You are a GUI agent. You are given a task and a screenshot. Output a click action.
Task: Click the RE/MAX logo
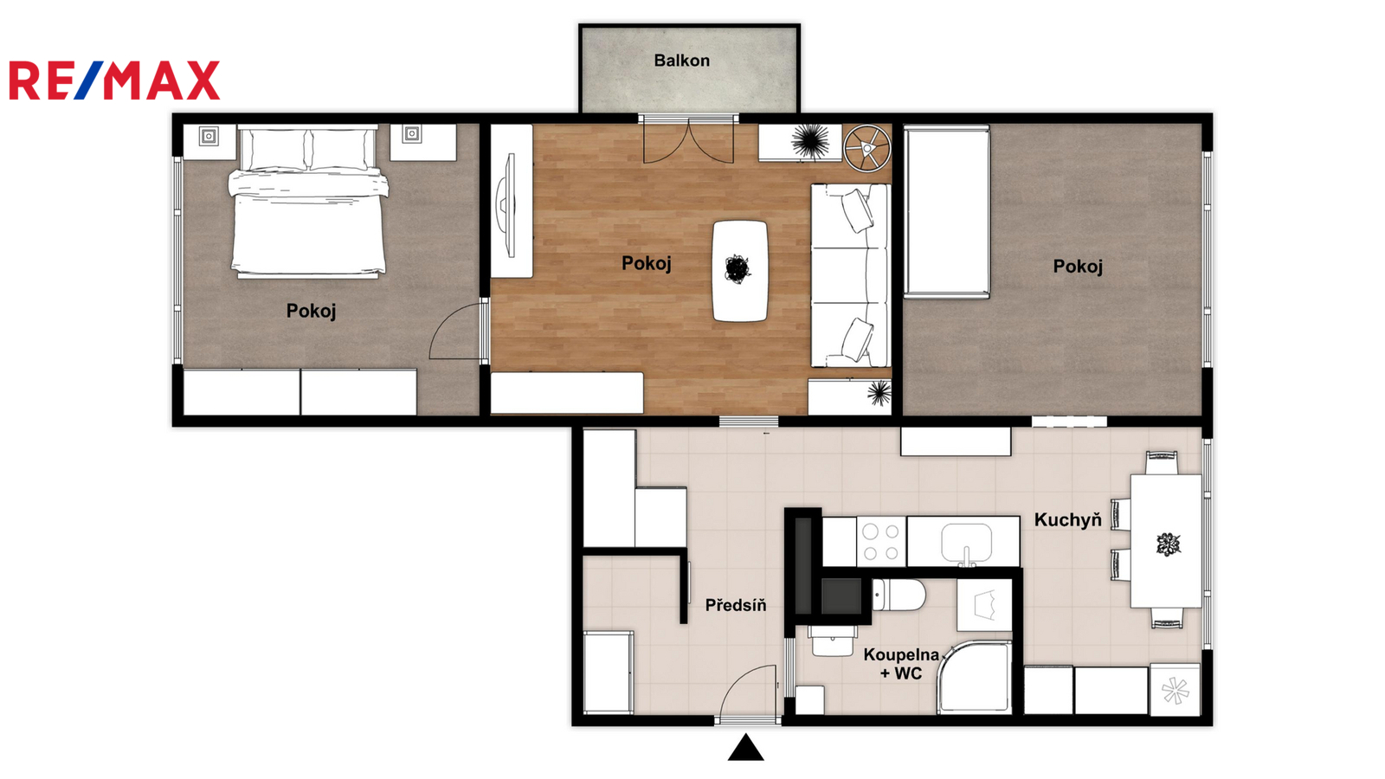(114, 80)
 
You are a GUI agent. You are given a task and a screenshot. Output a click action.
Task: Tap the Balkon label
(681, 61)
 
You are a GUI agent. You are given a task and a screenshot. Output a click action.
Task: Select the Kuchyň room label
(1068, 520)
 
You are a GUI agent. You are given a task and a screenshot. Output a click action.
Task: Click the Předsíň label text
(736, 605)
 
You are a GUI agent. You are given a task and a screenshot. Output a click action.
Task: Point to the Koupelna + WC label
(901, 663)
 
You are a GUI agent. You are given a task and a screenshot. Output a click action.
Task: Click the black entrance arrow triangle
(745, 747)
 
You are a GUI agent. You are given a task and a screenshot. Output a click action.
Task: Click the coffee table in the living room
(740, 271)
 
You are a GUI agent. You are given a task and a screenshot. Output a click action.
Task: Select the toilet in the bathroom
(899, 595)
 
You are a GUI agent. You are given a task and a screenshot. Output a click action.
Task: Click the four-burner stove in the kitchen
(881, 542)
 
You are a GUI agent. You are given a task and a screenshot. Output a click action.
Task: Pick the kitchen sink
(966, 544)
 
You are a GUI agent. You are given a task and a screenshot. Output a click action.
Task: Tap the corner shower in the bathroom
(975, 678)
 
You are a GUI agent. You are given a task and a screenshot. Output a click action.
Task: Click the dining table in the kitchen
(1166, 542)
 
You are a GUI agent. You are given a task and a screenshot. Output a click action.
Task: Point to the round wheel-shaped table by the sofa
(866, 148)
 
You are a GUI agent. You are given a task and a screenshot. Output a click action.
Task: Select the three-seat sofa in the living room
(851, 276)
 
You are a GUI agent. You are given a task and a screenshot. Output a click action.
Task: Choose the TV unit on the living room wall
(511, 202)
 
